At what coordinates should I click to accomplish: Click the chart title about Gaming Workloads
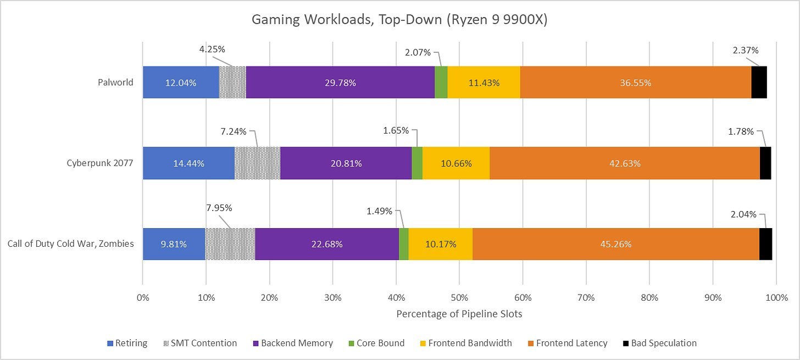399,20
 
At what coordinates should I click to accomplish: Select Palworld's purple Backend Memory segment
340,82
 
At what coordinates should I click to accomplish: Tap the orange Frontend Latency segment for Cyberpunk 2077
624,163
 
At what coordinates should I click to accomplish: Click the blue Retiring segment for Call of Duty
174,244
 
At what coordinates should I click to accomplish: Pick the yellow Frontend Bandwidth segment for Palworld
484,82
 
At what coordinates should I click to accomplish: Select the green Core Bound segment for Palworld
441,82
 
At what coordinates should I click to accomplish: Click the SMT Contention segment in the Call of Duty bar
230,244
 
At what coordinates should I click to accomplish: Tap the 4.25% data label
212,49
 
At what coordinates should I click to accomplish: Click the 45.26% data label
615,244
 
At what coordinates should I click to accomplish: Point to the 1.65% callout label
396,130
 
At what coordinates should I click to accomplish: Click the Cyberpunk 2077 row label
100,163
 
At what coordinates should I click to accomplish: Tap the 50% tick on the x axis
459,297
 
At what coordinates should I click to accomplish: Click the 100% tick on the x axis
776,297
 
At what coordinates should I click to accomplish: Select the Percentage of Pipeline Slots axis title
459,315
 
